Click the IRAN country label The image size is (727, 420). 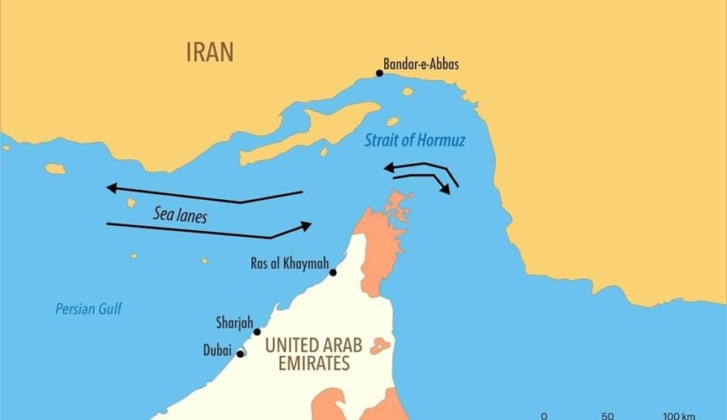210,52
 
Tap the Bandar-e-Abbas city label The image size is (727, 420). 421,64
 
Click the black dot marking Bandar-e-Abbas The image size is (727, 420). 379,73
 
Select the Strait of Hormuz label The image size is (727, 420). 414,140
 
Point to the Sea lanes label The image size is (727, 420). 180,214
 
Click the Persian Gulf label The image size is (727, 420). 88,309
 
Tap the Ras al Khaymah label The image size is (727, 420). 289,264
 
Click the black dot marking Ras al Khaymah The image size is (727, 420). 333,272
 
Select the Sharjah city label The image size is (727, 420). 233,323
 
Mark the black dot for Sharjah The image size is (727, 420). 257,332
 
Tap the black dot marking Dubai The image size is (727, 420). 240,354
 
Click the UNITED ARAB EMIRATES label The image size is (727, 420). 307,354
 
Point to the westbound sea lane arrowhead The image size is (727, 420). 112,187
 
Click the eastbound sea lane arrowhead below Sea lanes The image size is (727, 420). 306,225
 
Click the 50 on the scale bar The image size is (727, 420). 607,416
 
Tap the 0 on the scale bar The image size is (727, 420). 543,416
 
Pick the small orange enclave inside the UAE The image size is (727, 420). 381,345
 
